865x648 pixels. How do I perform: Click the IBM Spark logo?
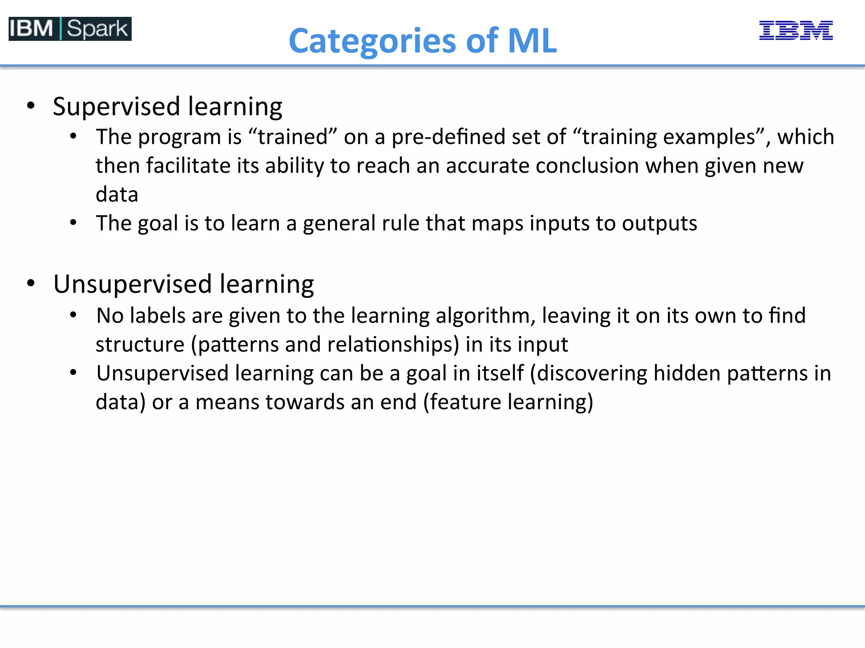(70, 29)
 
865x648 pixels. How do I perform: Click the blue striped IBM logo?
(796, 30)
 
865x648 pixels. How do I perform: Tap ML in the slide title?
(532, 40)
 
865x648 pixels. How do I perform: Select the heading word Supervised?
(117, 106)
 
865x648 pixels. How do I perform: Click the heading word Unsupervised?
(132, 284)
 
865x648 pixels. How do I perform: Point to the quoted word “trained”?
(292, 137)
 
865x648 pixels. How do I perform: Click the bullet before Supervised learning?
(31, 105)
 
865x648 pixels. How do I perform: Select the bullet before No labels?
(73, 315)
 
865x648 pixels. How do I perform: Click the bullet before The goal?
(73, 222)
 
